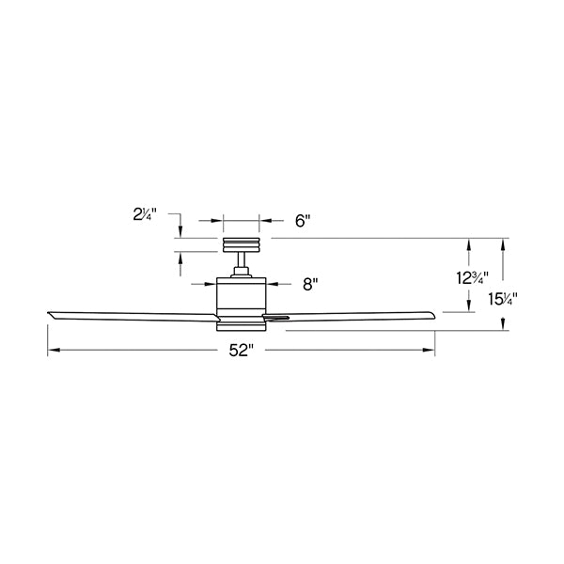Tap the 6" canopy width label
coord(303,221)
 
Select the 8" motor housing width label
coord(310,284)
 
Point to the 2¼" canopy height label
coord(145,214)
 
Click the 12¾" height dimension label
coord(472,277)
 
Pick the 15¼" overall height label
coord(503,299)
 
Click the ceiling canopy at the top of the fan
coord(241,245)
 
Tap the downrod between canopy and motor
coord(241,259)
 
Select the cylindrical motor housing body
coord(241,293)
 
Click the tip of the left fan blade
coord(48,313)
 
